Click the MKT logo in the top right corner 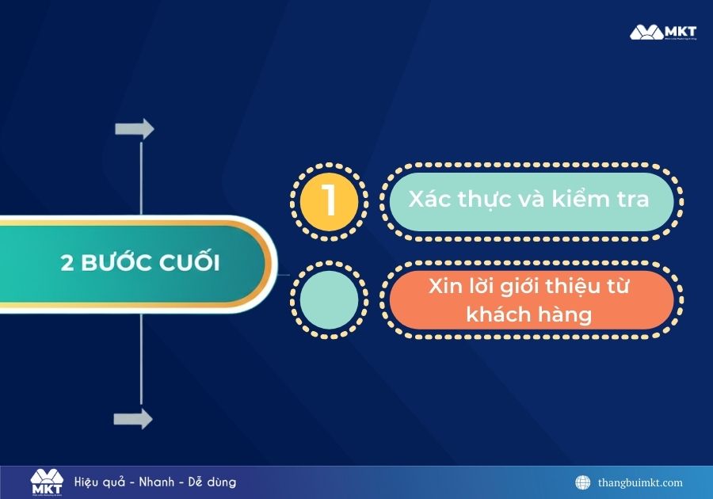click(663, 32)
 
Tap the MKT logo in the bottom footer click(46, 482)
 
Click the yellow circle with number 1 click(329, 201)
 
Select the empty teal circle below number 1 click(329, 299)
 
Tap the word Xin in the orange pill click(446, 286)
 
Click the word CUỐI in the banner click(193, 263)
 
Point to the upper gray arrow click(134, 128)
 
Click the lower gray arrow click(133, 419)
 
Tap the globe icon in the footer click(583, 482)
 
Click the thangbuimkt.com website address click(640, 482)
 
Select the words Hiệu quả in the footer click(101, 482)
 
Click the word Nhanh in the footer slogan click(158, 482)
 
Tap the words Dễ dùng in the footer click(212, 482)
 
